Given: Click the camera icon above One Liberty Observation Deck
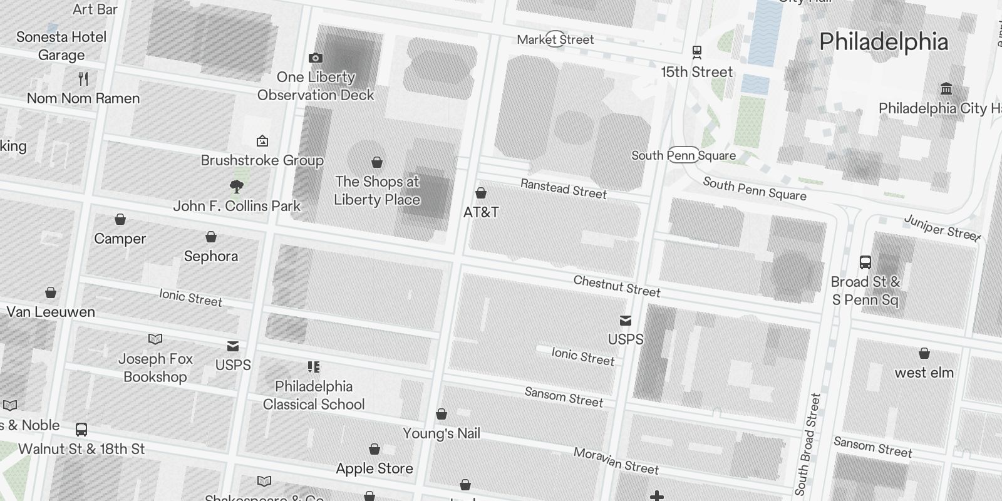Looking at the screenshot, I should pos(316,58).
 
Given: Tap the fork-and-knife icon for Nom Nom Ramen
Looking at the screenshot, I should pos(83,79).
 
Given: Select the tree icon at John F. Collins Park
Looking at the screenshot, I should pos(237,186).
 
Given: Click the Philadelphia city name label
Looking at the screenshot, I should pos(884,42).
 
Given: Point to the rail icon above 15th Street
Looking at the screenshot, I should pos(696,52).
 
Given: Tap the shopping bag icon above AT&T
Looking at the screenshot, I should pos(481,193).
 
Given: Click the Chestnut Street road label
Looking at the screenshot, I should pos(617,286).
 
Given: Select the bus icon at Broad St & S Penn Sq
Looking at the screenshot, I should pos(865,262).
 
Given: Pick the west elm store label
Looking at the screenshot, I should pos(924,373).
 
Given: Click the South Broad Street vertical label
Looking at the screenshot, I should pos(808,445).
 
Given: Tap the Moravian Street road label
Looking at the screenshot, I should pos(616,461).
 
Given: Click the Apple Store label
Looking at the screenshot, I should pos(374,468).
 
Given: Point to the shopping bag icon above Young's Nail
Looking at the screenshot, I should pos(442,414).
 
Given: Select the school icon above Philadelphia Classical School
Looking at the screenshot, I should pos(314,367).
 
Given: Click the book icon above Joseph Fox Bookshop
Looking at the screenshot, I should pos(155,339).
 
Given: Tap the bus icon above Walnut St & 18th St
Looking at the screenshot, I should pos(81,430).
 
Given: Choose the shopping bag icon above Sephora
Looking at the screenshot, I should pos(211,237).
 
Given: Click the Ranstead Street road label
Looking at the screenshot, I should pos(564,189).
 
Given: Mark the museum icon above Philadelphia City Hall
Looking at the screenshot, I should pos(946,88).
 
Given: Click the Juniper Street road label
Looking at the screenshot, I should pos(942,228).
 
